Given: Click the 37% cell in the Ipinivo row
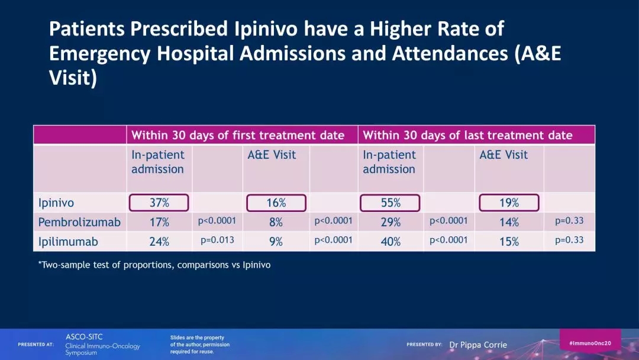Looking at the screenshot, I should [159, 202].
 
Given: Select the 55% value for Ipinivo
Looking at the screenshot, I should [390, 202].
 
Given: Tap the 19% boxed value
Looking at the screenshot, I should [509, 202].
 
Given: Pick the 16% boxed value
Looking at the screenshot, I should [276, 202].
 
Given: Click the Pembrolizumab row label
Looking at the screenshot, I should [79, 223].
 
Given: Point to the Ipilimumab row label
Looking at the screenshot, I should [68, 242].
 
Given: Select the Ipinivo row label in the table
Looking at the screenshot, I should [56, 202].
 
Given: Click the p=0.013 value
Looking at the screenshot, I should [218, 240].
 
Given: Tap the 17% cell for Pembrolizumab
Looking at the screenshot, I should [159, 223].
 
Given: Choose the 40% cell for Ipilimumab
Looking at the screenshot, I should [390, 242].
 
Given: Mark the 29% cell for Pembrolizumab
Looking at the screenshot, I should [390, 223].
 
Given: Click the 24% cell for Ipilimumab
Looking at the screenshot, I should [159, 242].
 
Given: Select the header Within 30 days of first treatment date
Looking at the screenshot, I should [238, 135].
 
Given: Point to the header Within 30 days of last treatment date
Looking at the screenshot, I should [467, 135].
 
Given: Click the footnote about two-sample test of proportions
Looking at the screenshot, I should [154, 265].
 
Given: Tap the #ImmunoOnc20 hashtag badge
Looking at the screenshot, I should [590, 343].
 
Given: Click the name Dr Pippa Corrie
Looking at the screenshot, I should [478, 345].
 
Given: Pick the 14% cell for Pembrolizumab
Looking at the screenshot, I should [509, 223].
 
